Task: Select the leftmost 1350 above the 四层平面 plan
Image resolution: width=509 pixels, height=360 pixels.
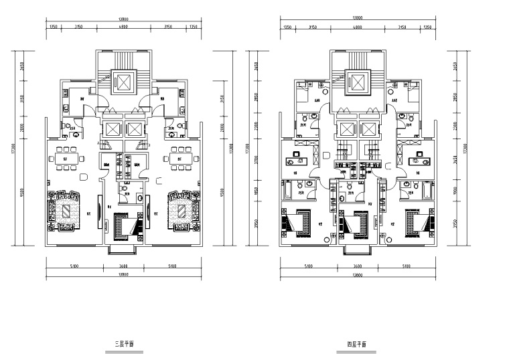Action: pyautogui.click(x=287, y=27)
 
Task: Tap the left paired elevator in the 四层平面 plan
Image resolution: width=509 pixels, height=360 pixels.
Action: pyautogui.click(x=347, y=129)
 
